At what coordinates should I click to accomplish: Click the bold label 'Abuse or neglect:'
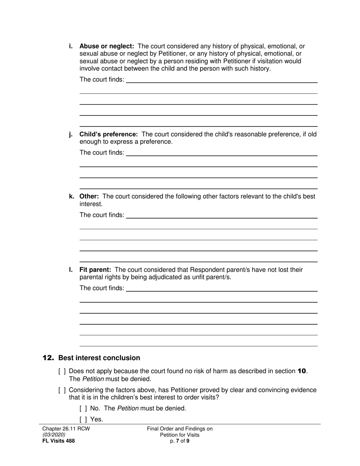pos(107,46)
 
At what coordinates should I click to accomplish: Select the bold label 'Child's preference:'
pos(108,134)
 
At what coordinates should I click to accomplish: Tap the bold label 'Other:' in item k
pos(89,196)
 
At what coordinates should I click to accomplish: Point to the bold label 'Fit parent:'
pos(95,270)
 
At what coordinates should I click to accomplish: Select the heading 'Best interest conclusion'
pos(99,358)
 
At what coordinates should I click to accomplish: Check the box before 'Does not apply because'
pos(62,371)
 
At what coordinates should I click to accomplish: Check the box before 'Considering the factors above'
pos(62,390)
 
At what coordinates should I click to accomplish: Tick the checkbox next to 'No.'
pos(83,408)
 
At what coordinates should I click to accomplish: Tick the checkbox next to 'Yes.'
pos(83,419)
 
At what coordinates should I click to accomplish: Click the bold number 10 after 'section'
pos(302,371)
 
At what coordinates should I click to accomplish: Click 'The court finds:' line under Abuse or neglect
pos(221,80)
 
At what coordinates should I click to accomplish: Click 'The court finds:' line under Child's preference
pos(221,153)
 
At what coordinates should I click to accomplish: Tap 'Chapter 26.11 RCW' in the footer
pos(66,429)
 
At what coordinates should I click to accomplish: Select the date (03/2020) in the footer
pos(54,435)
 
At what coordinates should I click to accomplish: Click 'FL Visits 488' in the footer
pos(59,441)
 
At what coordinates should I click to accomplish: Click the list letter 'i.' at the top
pos(71,46)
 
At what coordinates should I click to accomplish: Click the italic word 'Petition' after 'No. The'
pos(128,408)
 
